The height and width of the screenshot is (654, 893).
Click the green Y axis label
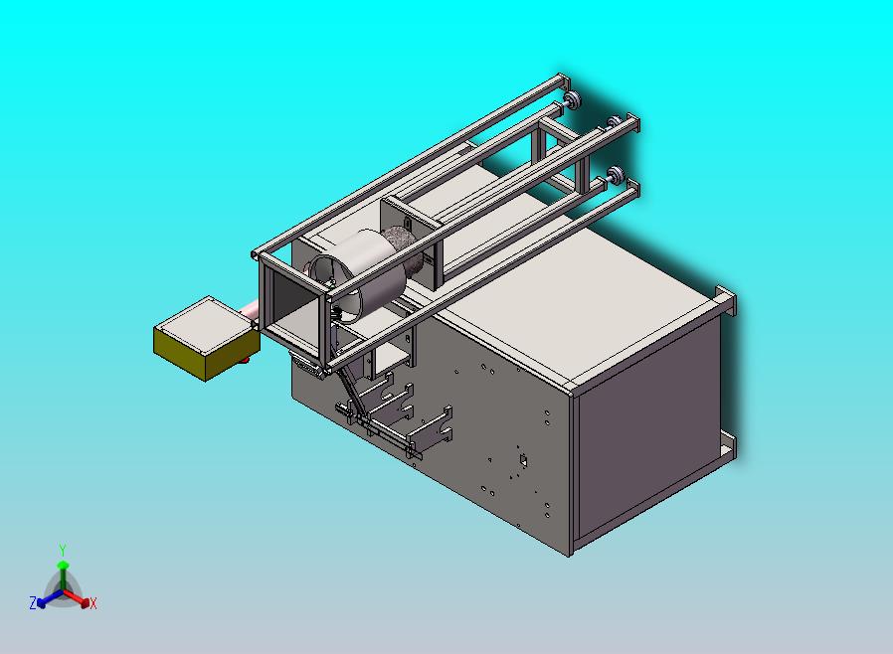click(x=63, y=550)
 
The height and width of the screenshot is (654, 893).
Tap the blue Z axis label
click(x=33, y=602)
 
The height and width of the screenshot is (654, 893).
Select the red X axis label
click(x=92, y=603)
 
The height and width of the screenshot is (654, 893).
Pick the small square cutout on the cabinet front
click(x=520, y=460)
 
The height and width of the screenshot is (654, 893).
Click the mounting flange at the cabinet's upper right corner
click(x=726, y=300)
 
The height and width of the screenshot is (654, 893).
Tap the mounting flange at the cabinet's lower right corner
click(x=728, y=443)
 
